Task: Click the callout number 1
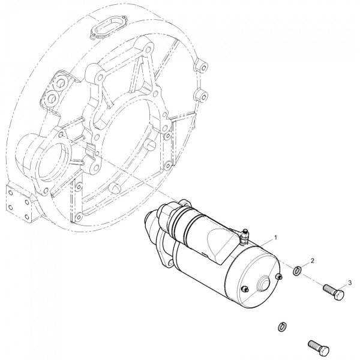(x=276, y=238)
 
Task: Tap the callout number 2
(x=312, y=260)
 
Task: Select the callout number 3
(x=350, y=283)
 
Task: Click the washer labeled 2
(x=297, y=271)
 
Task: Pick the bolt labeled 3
(x=334, y=291)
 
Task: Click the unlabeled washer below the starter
(x=282, y=327)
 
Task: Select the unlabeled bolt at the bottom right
(x=319, y=347)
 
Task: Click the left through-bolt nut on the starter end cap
(x=245, y=289)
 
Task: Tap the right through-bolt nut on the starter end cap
(x=279, y=276)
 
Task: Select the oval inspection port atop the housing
(x=109, y=27)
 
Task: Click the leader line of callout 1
(x=266, y=244)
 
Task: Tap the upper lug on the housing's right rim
(x=202, y=66)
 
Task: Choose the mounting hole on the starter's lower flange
(x=170, y=262)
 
